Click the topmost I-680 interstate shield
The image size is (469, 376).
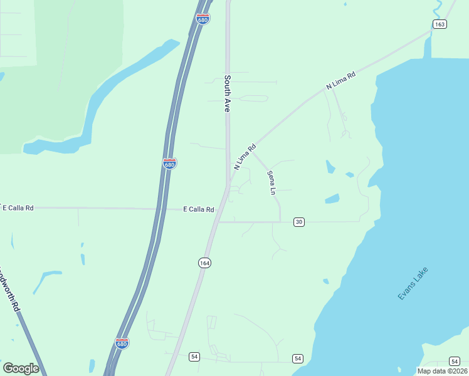tap(203, 19)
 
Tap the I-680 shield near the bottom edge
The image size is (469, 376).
tap(122, 343)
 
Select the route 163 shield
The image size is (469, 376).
tap(439, 24)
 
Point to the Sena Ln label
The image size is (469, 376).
tap(271, 182)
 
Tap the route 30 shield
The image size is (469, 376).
tap(299, 222)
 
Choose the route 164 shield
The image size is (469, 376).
tap(204, 263)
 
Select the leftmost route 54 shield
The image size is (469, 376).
tap(194, 357)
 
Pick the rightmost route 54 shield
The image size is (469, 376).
tap(454, 361)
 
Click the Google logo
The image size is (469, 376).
tap(21, 368)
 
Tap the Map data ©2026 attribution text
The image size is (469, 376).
tap(441, 371)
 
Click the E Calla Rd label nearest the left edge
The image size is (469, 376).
tap(17, 207)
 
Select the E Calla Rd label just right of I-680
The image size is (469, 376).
tap(198, 209)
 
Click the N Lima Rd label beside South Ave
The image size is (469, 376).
tap(245, 158)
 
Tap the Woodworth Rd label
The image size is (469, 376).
tap(9, 292)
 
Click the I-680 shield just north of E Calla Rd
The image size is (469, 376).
tap(169, 164)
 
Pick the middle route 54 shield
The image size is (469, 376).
tap(297, 358)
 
